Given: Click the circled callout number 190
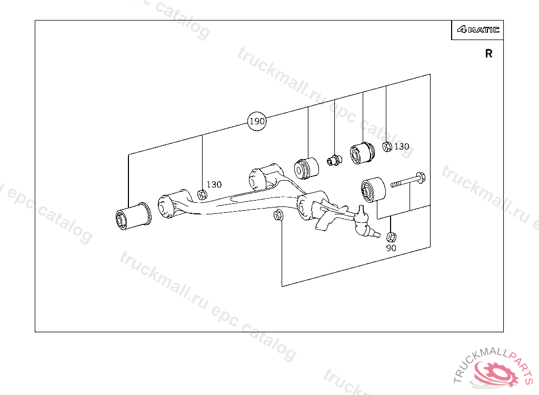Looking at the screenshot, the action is (x=257, y=121).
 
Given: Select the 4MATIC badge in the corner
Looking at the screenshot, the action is (x=478, y=29).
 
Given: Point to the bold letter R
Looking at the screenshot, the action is (x=488, y=53).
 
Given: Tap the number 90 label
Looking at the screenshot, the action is (x=391, y=248).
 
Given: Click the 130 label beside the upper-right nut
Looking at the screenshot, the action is (x=402, y=146).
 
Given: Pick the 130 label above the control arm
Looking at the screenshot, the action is (x=214, y=184).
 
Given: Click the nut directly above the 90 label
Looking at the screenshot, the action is (x=391, y=236).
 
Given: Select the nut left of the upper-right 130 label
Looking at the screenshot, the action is (x=387, y=146).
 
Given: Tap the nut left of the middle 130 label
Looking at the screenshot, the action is (x=202, y=194).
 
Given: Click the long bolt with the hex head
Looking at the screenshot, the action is (x=408, y=181).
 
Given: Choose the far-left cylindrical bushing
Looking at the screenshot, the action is (x=133, y=216).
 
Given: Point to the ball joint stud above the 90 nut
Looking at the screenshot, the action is (x=365, y=222).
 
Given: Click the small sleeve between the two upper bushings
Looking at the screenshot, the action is (x=334, y=160).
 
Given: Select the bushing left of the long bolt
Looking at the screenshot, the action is (x=373, y=190).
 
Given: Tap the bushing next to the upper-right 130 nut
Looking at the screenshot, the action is (x=362, y=152).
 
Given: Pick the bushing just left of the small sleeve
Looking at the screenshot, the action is (x=306, y=168).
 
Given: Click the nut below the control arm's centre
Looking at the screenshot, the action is (x=278, y=215).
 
